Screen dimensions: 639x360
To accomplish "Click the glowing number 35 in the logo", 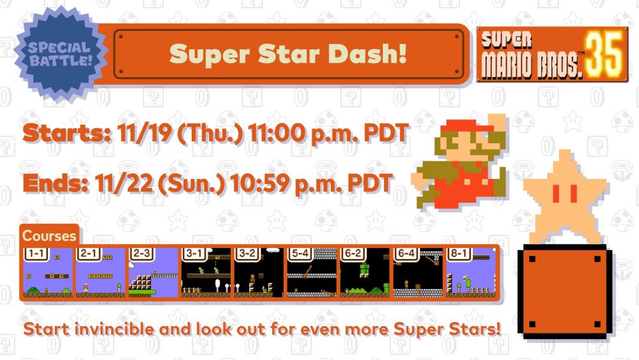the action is (x=604, y=55).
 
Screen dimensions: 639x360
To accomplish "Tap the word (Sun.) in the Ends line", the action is (x=191, y=184).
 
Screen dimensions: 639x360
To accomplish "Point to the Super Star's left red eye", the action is (x=555, y=193).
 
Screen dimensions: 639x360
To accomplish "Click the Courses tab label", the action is (x=49, y=236).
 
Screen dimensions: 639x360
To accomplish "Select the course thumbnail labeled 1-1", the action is (x=48, y=272).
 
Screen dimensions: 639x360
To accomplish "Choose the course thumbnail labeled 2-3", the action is (x=153, y=272).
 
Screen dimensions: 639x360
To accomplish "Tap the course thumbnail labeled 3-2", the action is (x=259, y=272).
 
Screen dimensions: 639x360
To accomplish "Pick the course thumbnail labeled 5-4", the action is (x=312, y=272).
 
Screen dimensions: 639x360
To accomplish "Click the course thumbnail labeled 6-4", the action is (x=418, y=272).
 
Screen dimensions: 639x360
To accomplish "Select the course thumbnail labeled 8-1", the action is (x=471, y=272).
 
